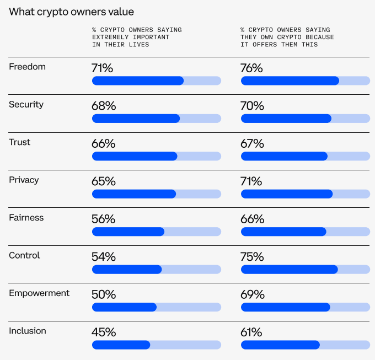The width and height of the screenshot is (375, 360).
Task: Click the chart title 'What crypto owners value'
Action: click(71, 12)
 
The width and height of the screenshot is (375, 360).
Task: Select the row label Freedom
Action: click(27, 67)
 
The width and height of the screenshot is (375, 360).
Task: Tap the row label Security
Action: click(26, 105)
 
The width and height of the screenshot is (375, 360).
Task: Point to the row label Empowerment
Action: click(39, 293)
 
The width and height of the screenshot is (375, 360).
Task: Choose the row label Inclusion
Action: click(28, 331)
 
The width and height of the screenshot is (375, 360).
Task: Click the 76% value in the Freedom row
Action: click(251, 68)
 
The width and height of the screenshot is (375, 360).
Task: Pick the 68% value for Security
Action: click(104, 106)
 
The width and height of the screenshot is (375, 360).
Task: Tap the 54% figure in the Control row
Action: click(104, 257)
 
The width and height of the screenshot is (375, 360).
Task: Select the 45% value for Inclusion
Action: click(104, 332)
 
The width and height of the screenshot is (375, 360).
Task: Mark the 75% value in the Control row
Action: click(252, 257)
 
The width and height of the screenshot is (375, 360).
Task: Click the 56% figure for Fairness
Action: click(104, 219)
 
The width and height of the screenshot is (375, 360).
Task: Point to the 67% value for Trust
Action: click(253, 144)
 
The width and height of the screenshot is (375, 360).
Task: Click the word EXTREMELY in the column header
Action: click(110, 37)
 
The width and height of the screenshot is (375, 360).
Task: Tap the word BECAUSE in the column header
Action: click(320, 37)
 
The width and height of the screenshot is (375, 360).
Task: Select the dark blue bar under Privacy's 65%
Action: click(134, 194)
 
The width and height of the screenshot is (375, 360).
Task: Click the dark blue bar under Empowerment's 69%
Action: click(286, 307)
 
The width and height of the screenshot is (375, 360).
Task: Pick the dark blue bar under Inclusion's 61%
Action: click(280, 345)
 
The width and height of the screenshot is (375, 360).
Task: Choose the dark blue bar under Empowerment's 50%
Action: click(125, 307)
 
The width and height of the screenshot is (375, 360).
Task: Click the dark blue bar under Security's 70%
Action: click(286, 119)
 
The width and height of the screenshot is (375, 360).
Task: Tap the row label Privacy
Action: click(24, 180)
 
